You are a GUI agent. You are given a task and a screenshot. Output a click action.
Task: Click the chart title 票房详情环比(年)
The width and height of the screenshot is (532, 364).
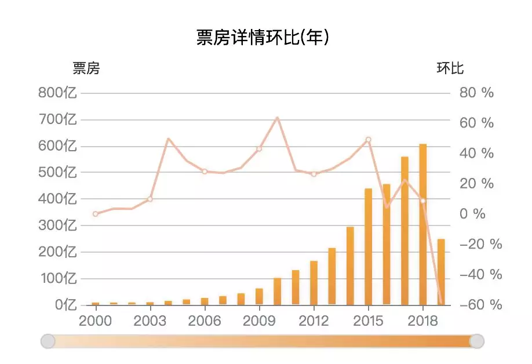[263, 38]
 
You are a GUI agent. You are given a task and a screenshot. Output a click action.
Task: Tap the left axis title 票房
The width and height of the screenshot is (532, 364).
[86, 68]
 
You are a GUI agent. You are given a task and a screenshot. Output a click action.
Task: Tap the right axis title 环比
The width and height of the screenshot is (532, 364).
[450, 68]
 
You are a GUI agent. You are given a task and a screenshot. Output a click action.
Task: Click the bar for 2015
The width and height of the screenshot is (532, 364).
[368, 246]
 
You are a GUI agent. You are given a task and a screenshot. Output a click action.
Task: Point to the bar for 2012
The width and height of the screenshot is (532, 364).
[314, 282]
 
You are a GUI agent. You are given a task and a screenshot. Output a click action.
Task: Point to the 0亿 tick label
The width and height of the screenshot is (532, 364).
[65, 305]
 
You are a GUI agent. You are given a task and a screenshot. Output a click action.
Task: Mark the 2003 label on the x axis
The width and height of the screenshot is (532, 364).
[150, 321]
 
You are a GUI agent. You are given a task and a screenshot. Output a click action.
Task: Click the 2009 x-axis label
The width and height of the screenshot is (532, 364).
[259, 321]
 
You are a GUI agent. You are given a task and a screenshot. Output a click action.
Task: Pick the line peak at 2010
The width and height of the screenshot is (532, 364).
[277, 118]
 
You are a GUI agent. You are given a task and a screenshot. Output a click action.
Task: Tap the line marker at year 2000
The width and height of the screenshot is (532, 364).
[96, 214]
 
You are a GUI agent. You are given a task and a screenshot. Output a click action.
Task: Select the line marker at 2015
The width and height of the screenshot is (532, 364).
[368, 140]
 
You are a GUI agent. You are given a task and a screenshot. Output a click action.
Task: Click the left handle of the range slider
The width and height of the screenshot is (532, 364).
[48, 341]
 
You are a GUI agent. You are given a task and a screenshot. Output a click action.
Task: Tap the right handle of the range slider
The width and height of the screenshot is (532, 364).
[476, 341]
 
